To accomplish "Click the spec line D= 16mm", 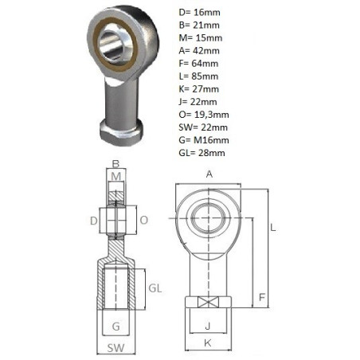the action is click(x=199, y=13).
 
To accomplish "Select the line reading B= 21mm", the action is click(x=199, y=25).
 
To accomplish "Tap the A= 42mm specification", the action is click(x=199, y=51).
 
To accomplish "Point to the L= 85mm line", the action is click(x=198, y=76).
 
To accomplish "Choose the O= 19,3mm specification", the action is click(x=204, y=115).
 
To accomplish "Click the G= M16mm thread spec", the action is click(x=204, y=140).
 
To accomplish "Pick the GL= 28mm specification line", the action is click(x=202, y=153).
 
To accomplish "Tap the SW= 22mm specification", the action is click(x=203, y=127).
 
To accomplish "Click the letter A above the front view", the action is click(x=209, y=174).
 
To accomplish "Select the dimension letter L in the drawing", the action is click(x=273, y=228).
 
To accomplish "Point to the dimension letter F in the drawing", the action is click(x=262, y=297).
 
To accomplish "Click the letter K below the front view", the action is click(x=208, y=343).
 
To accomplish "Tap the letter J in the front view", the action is click(x=208, y=326).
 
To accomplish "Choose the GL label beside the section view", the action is click(x=155, y=288).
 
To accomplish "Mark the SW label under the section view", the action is click(x=115, y=348).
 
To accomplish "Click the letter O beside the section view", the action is click(x=143, y=220).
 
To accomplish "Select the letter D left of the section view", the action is click(x=94, y=221).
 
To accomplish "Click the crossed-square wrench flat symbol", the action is click(x=208, y=302).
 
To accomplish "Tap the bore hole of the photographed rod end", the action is click(x=115, y=45).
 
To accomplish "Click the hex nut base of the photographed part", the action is click(x=121, y=132).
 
